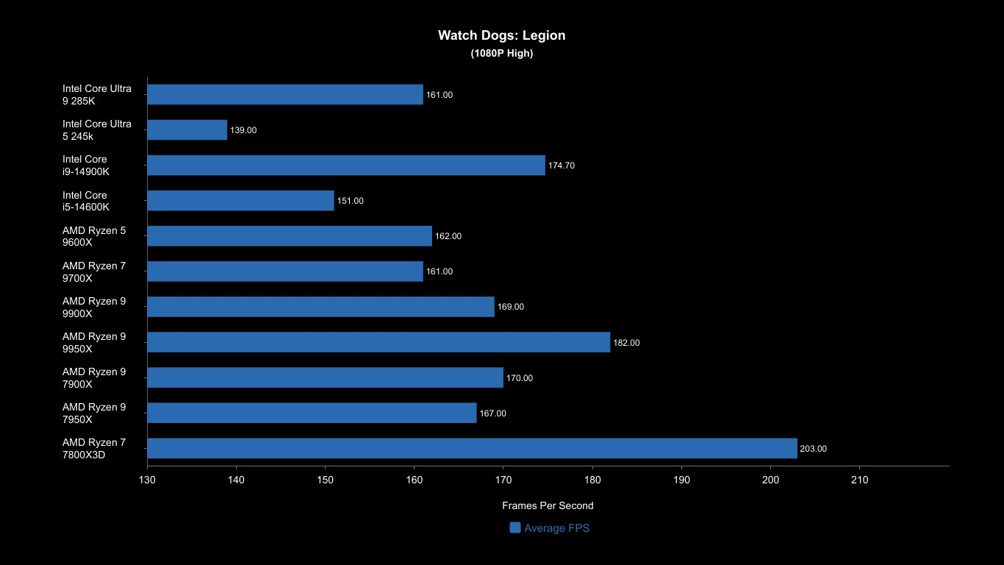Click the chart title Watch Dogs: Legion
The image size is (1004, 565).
tap(501, 35)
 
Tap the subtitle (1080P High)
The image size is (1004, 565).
tap(501, 53)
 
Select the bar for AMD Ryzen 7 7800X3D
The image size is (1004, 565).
tap(472, 448)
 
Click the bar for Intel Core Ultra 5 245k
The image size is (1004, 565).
tap(187, 130)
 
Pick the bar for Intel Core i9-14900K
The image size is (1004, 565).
tap(346, 166)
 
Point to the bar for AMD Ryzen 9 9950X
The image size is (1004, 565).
tap(379, 342)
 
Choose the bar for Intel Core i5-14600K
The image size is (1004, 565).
tap(240, 201)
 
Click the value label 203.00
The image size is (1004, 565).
tap(814, 449)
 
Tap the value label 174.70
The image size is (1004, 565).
tap(562, 166)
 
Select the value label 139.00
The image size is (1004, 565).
tap(243, 130)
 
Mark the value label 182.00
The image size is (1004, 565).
tap(626, 343)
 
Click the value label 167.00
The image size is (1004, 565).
tap(492, 413)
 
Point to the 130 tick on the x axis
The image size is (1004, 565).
tap(147, 480)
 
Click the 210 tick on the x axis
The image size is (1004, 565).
tap(859, 480)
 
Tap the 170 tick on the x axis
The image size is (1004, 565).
tap(503, 480)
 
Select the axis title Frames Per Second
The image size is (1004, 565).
tap(548, 505)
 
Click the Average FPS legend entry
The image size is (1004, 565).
tap(550, 527)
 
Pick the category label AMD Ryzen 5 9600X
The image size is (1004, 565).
tap(94, 236)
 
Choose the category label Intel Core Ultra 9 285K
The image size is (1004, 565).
tap(97, 94)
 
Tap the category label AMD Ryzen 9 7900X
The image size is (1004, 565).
tap(94, 377)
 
